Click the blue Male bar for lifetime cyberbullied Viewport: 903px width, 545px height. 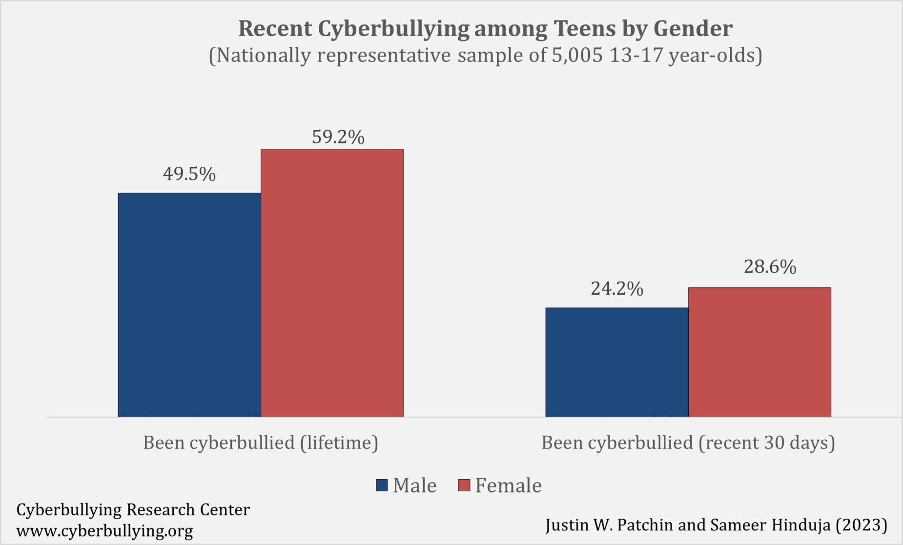(189, 305)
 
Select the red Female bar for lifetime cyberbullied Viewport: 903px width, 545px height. (332, 283)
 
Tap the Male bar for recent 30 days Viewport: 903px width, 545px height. (616, 362)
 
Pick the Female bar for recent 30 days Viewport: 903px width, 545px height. (759, 352)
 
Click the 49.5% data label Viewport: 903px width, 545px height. (189, 174)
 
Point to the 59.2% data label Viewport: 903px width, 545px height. (338, 137)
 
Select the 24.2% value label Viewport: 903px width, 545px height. (616, 289)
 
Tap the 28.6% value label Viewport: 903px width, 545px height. (770, 267)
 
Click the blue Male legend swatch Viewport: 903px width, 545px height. (382, 485)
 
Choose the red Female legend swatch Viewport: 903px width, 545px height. (464, 485)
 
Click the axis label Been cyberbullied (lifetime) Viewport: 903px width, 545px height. (261, 443)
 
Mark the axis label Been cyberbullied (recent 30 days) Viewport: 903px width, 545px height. (688, 443)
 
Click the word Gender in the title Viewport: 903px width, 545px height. (693, 28)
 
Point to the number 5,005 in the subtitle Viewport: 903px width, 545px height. (577, 55)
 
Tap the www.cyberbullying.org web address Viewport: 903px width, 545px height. (104, 530)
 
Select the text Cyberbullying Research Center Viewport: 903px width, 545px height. (133, 509)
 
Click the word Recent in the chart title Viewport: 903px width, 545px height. (275, 28)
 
